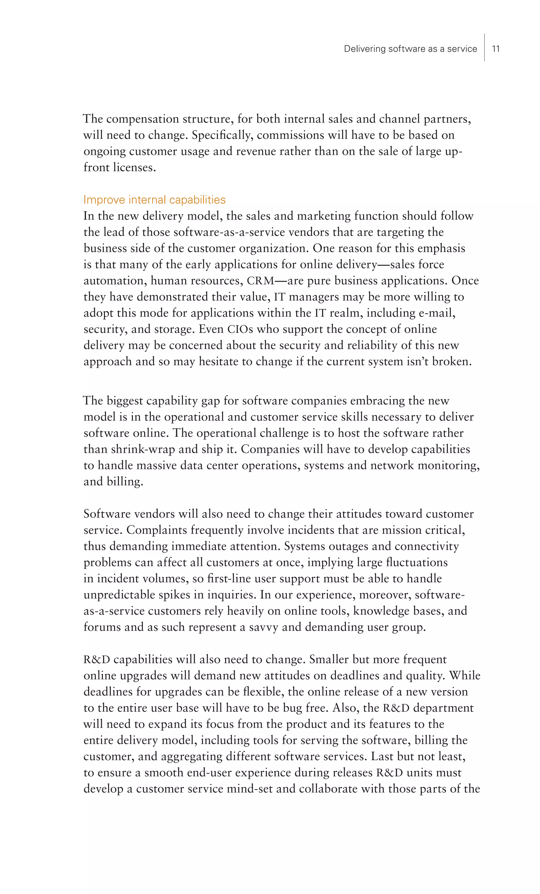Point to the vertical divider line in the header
(x=484, y=47)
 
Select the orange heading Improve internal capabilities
(x=155, y=200)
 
